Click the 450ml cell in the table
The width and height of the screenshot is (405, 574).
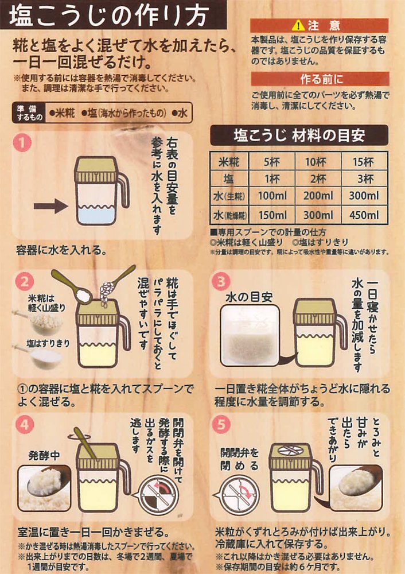click(364, 215)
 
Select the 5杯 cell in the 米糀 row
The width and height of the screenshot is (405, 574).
click(272, 161)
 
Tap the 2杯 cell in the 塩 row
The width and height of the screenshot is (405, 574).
click(318, 179)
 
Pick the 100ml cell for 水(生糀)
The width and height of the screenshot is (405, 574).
click(272, 196)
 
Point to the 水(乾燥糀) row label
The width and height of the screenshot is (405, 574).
click(229, 215)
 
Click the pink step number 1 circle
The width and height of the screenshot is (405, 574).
click(22, 143)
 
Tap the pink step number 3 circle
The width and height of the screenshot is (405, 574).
click(221, 282)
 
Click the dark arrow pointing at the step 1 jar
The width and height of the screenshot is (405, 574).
click(50, 206)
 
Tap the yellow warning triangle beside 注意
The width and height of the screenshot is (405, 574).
click(298, 26)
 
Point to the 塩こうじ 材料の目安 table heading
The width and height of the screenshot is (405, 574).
click(299, 135)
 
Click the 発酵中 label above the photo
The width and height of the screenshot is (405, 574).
click(44, 456)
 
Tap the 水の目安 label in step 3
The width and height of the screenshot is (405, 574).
click(249, 297)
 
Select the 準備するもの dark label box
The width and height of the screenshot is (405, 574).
click(29, 113)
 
